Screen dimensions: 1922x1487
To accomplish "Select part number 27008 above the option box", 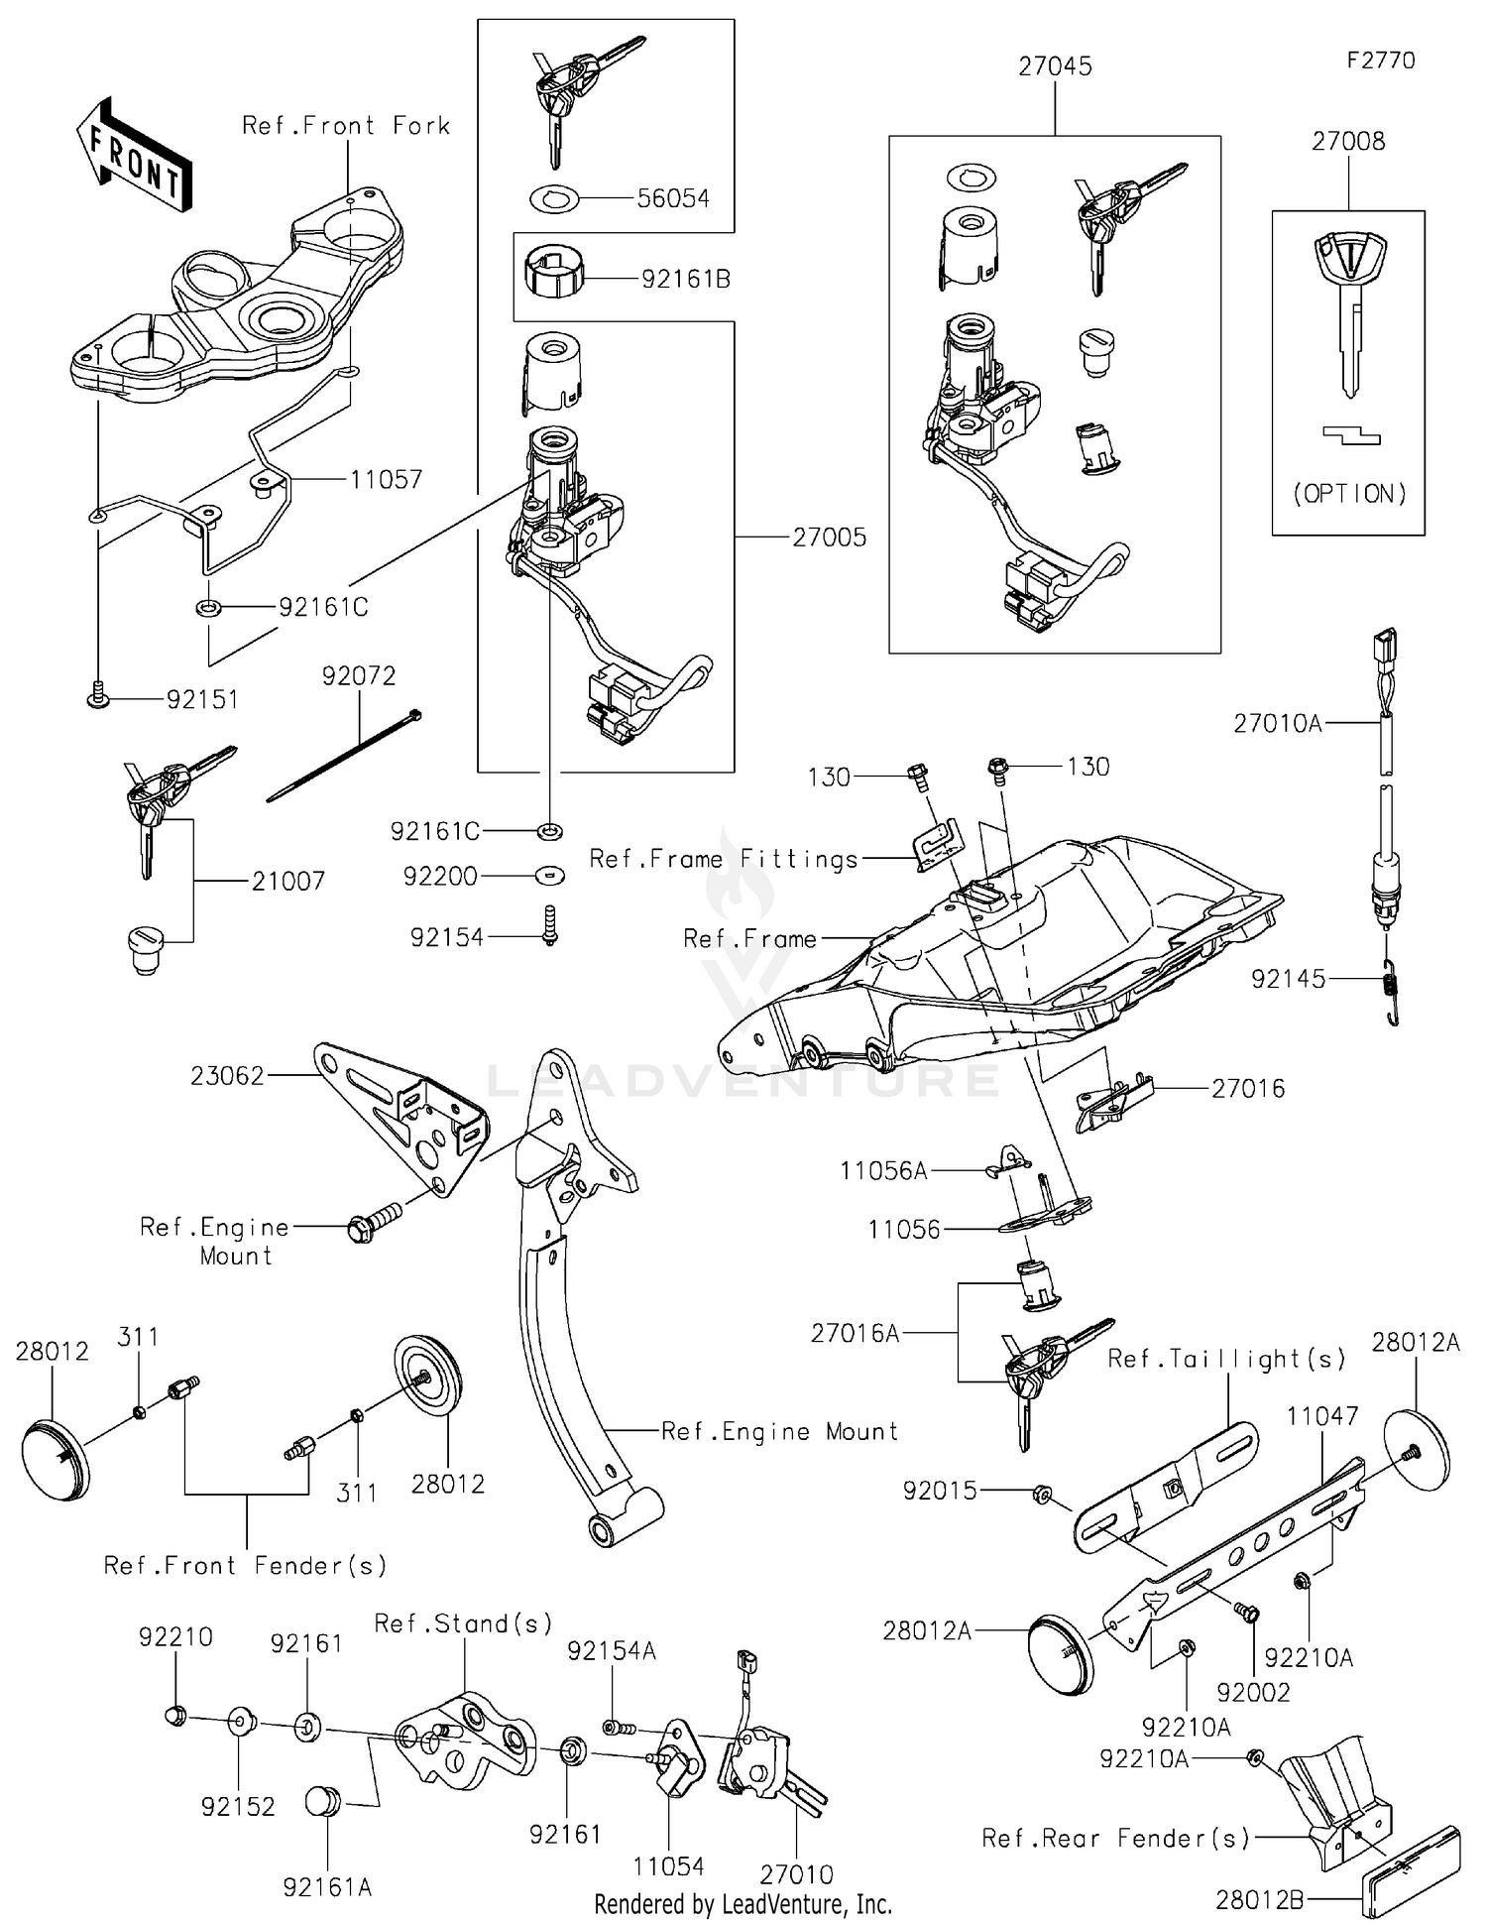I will click(x=1347, y=141).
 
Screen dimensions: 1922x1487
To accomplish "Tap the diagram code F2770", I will click(x=1380, y=60).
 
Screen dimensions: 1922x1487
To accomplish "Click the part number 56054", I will click(x=673, y=198).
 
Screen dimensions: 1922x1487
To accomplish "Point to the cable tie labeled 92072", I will click(x=344, y=756).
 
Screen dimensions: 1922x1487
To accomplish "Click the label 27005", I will click(x=829, y=538).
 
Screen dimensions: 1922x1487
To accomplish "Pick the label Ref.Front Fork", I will click(x=346, y=126).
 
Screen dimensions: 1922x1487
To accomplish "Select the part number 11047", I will click(x=1322, y=1416).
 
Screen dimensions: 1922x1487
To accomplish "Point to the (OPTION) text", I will click(x=1349, y=494).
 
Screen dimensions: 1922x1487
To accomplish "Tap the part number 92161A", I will click(x=327, y=1887).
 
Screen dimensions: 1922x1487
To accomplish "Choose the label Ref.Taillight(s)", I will click(x=1226, y=1359).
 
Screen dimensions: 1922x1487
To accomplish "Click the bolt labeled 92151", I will click(x=97, y=700).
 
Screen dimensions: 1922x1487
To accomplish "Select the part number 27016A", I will click(x=855, y=1334).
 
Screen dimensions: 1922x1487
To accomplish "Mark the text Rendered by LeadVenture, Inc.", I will click(x=743, y=1904).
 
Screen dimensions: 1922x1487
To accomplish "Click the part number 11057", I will click(x=386, y=480).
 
